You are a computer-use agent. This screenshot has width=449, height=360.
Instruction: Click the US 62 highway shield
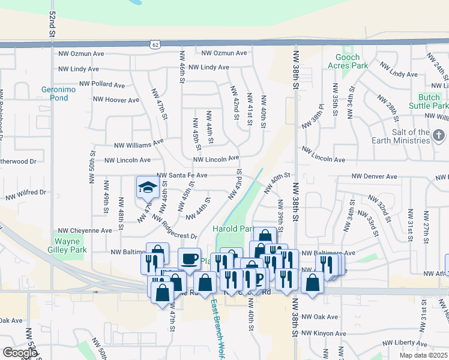pyautogui.click(x=155, y=44)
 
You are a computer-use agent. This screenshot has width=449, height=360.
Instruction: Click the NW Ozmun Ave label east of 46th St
pyautogui.click(x=224, y=53)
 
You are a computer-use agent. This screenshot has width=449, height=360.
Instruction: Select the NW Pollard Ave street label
pyautogui.click(x=102, y=85)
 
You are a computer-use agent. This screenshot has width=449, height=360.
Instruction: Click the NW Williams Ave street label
pyautogui.click(x=139, y=144)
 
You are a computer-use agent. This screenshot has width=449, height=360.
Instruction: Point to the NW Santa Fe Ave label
pyautogui.click(x=182, y=176)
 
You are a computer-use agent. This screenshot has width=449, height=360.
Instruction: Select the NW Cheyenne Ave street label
pyautogui.click(x=85, y=230)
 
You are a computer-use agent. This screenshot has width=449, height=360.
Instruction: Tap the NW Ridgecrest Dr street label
pyautogui.click(x=175, y=228)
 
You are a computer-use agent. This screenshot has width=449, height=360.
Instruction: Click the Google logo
pyautogui.click(x=20, y=353)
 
